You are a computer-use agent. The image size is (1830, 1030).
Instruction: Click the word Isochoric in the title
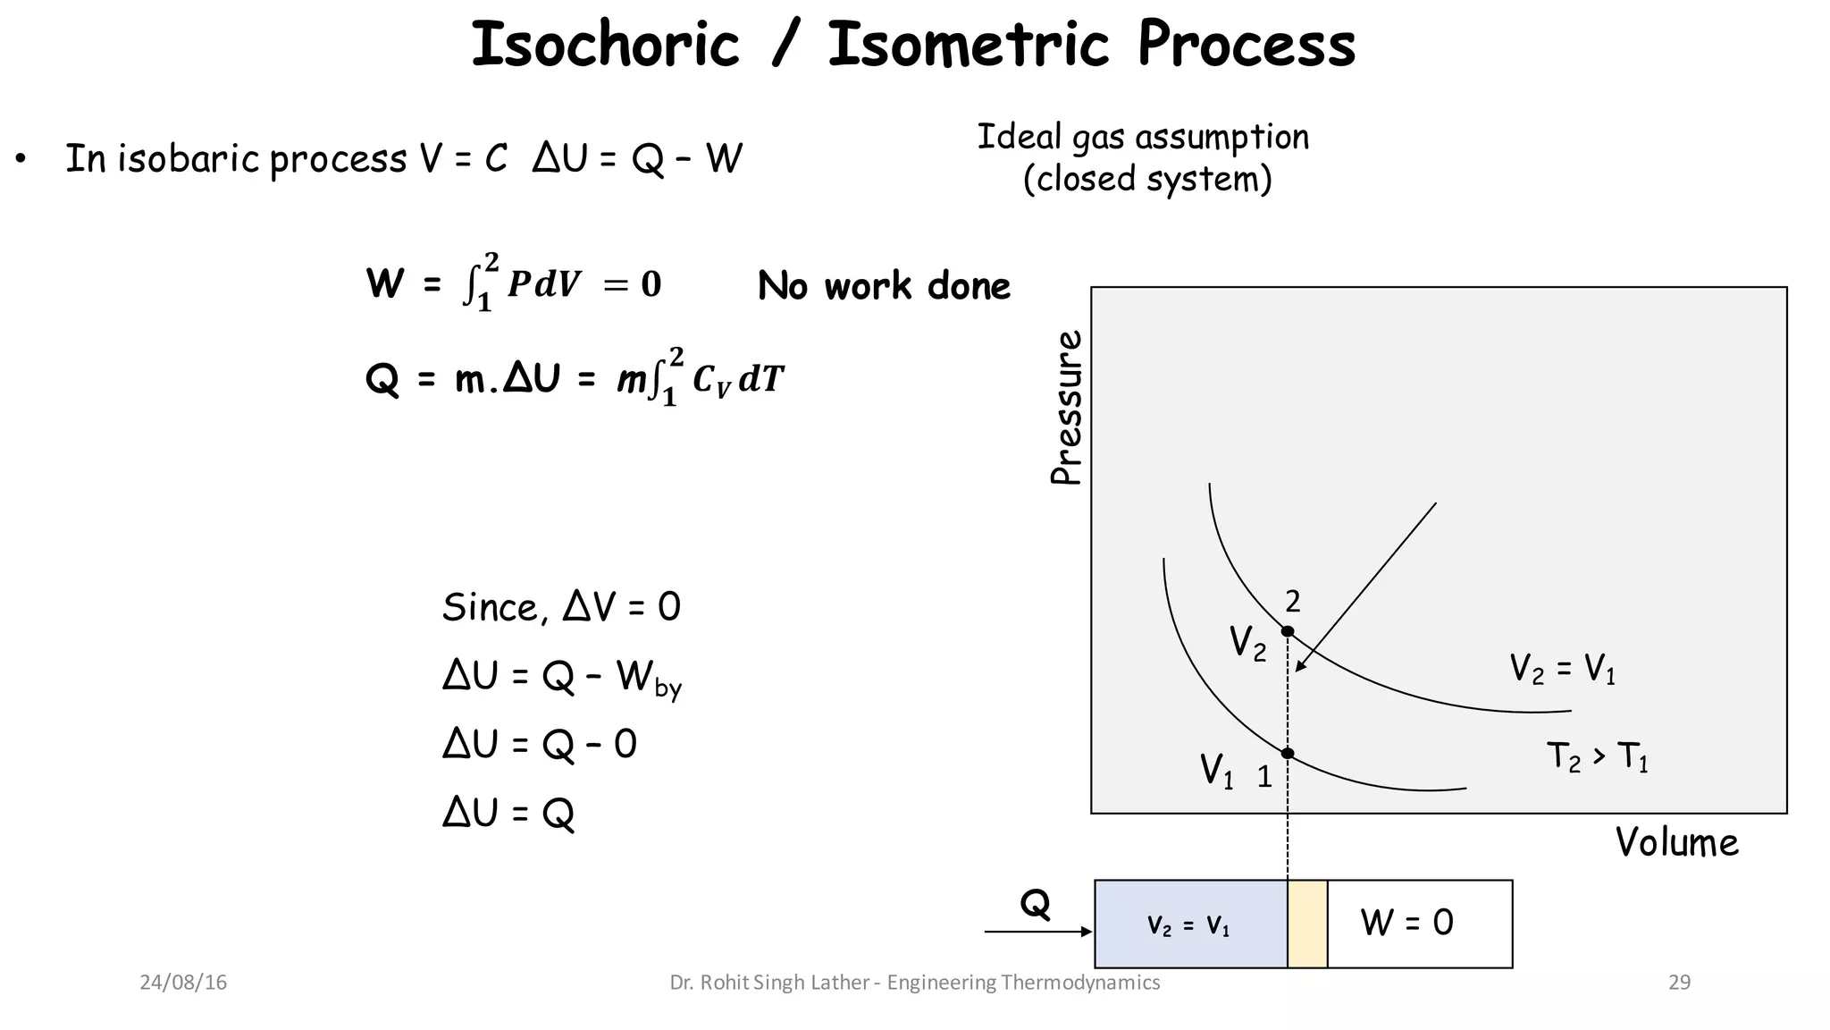(605, 45)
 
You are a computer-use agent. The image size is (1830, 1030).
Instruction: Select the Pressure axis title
(1066, 408)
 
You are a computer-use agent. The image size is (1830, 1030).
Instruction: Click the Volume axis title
(1676, 842)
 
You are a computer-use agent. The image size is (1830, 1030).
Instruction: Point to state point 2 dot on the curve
(1288, 631)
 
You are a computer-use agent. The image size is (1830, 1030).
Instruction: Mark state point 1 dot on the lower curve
(1288, 754)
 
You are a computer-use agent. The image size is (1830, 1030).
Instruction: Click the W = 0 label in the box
(1406, 923)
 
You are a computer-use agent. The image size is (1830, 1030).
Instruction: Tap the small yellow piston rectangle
(1307, 924)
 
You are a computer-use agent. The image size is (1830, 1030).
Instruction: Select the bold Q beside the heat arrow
(1035, 905)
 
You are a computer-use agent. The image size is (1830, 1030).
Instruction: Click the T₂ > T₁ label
(1598, 757)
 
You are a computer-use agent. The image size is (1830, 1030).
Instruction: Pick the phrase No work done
(884, 286)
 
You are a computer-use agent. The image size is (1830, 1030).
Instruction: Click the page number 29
(1679, 983)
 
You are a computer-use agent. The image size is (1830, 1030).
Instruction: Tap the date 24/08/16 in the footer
(183, 983)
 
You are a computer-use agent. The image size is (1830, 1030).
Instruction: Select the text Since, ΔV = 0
(561, 608)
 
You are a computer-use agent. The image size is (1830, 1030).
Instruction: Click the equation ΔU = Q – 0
(540, 744)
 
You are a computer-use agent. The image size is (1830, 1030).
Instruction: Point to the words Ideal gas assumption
(1143, 138)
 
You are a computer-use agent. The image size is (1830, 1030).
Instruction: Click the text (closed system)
(1147, 179)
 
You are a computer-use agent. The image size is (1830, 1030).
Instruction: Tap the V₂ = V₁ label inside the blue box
(1188, 926)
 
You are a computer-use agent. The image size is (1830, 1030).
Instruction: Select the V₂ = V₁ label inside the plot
(1562, 669)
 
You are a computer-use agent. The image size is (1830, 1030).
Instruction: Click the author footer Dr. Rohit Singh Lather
(768, 983)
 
